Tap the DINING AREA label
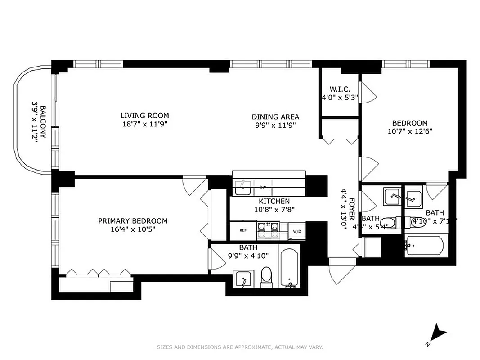[275, 117]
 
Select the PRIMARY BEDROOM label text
[133, 221]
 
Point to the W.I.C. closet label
[339, 90]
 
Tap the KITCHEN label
[274, 201]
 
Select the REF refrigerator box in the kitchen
[243, 230]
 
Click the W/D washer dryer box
[297, 231]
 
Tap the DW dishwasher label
[263, 187]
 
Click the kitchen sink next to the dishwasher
[243, 187]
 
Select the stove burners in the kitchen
[268, 230]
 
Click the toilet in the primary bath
[267, 277]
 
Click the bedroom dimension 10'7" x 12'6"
[409, 132]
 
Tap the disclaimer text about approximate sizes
[240, 347]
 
